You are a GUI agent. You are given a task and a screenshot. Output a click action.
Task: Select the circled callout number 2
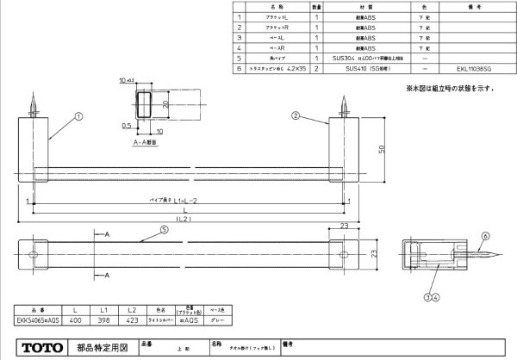coord(295,115)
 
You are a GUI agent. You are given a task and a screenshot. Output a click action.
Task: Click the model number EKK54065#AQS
coord(36,320)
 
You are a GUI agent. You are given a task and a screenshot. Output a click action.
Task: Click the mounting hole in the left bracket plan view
coord(35,253)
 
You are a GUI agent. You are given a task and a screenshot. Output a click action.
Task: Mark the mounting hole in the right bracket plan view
coord(345,253)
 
